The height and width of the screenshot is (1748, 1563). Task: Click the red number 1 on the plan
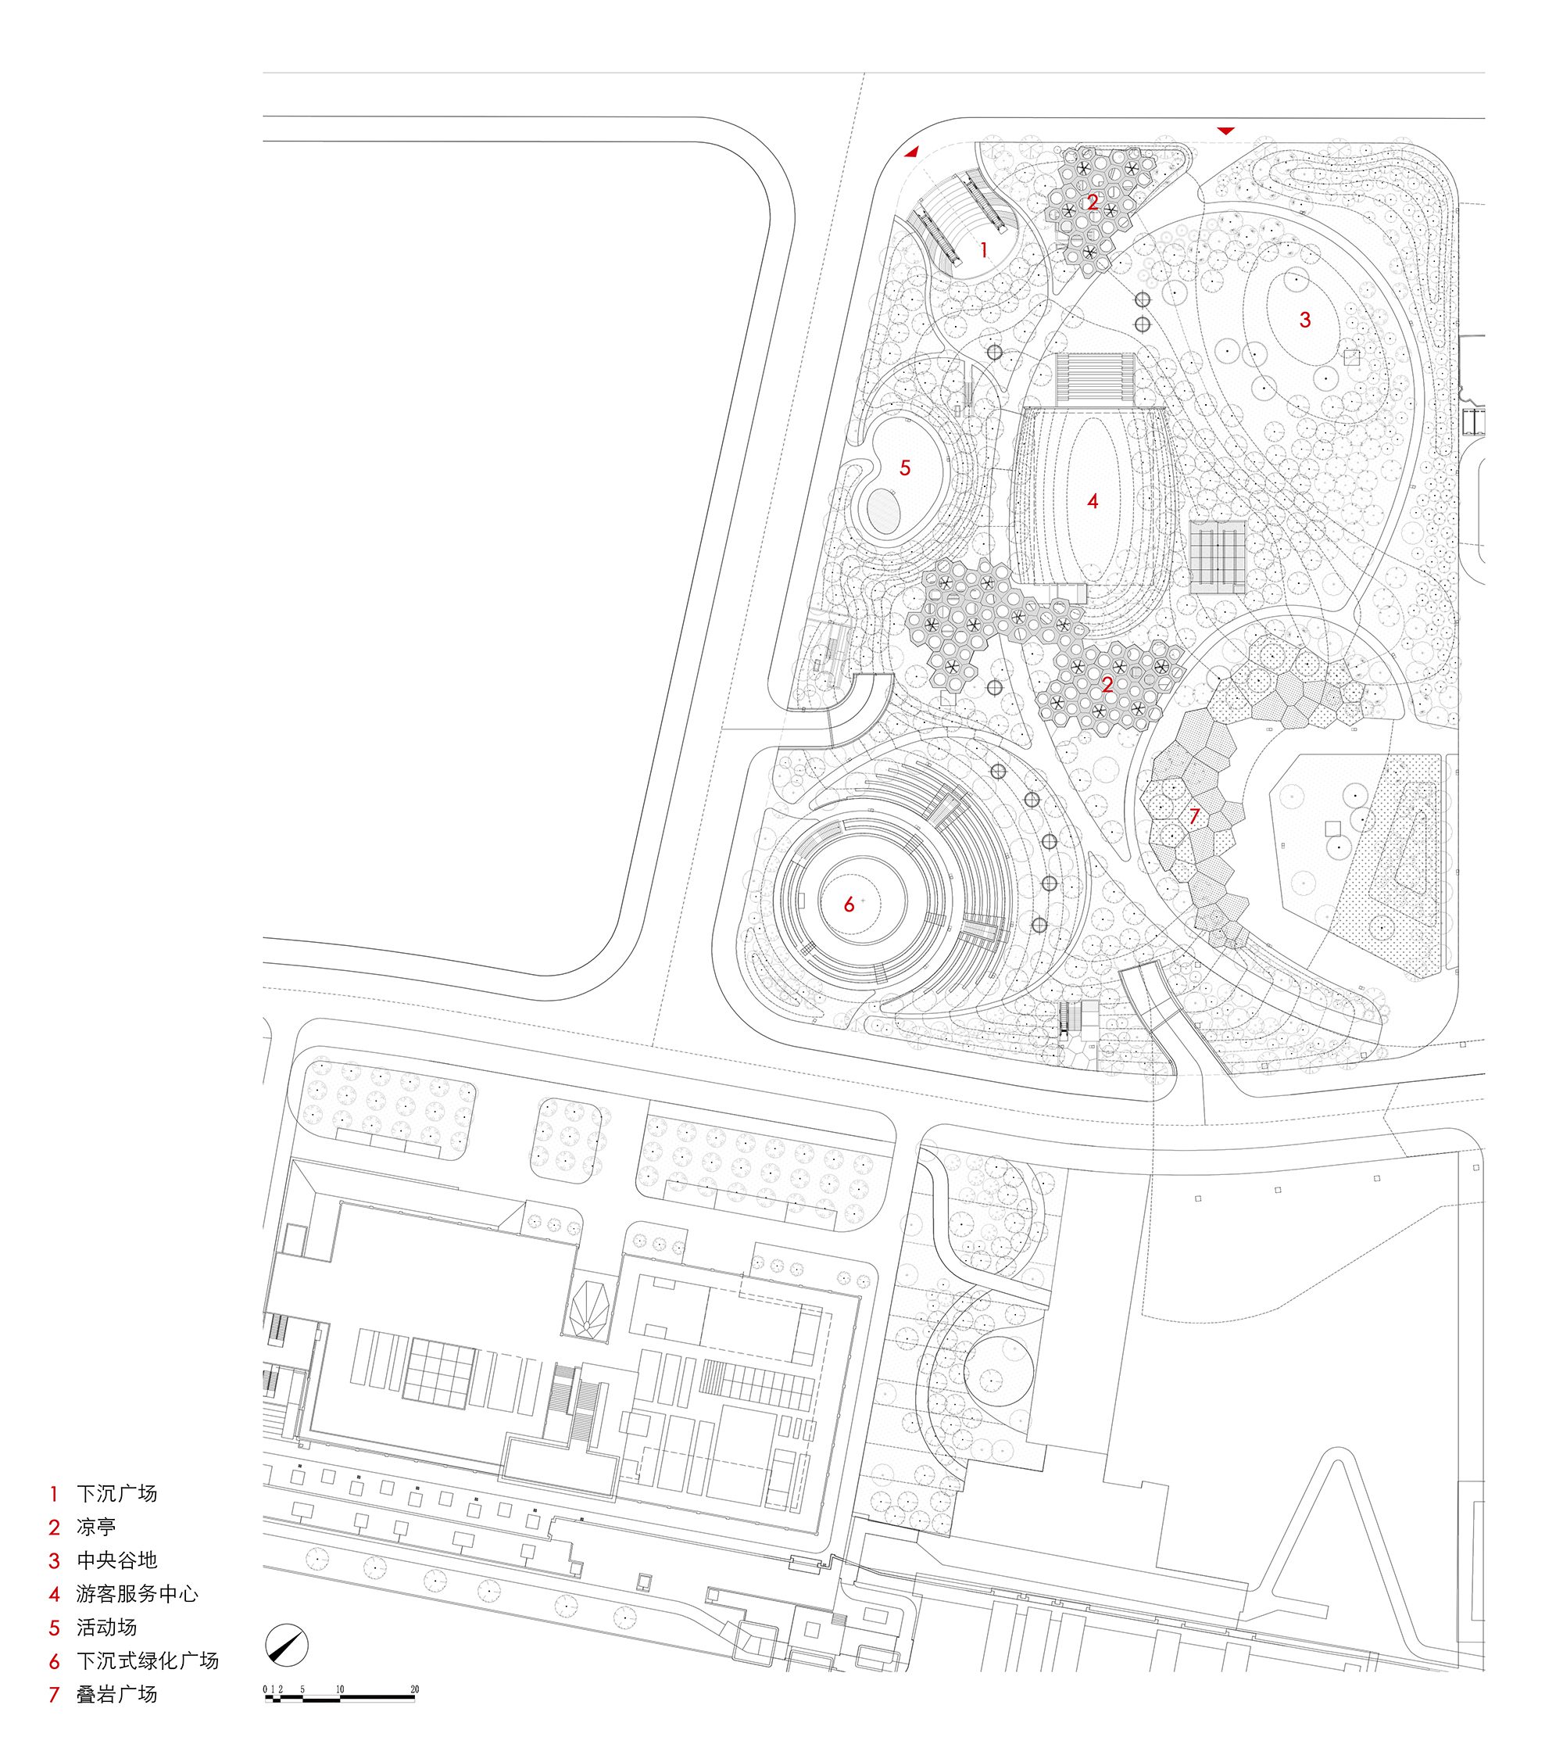984,250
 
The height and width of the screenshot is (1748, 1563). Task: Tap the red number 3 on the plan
1304,321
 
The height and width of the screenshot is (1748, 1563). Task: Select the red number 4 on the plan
1093,501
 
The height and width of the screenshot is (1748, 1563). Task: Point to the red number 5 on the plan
904,468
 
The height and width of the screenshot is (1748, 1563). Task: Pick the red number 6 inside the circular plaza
849,904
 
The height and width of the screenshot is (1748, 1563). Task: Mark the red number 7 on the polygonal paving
1193,816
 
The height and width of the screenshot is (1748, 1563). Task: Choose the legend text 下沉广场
116,1493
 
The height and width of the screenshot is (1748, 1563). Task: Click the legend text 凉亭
96,1527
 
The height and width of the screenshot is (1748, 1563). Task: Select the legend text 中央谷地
116,1560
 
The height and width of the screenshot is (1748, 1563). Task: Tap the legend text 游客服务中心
138,1593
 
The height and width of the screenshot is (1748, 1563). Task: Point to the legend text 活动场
106,1627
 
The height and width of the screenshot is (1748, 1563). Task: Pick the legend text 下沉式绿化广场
148,1660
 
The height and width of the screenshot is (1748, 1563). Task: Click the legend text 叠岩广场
116,1694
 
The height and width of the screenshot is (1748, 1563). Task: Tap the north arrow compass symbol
287,1645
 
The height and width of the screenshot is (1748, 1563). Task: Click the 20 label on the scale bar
415,1689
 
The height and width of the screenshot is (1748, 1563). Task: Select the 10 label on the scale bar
340,1689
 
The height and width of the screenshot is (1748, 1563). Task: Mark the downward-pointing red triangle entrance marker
1225,131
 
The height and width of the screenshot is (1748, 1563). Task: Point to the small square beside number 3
1352,357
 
